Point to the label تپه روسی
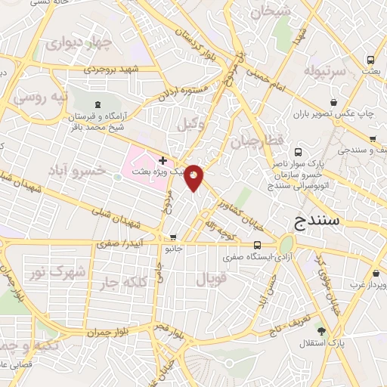[x=41, y=98]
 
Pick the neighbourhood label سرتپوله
[x=325, y=71]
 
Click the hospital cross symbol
[x=163, y=160]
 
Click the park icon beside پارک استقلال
[x=322, y=331]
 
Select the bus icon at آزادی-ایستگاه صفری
[x=258, y=245]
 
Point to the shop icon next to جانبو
[x=173, y=237]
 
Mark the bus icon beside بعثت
[x=370, y=60]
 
